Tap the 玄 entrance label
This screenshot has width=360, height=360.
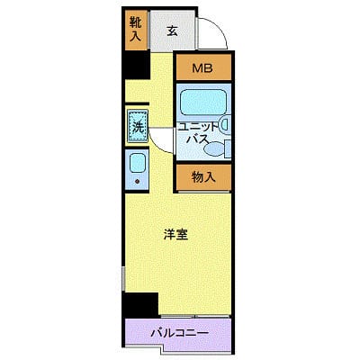pyautogui.click(x=171, y=31)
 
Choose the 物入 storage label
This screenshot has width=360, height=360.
pyautogui.click(x=204, y=176)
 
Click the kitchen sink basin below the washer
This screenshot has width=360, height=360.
pyautogui.click(x=138, y=164)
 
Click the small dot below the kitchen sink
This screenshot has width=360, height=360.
pyautogui.click(x=138, y=182)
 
